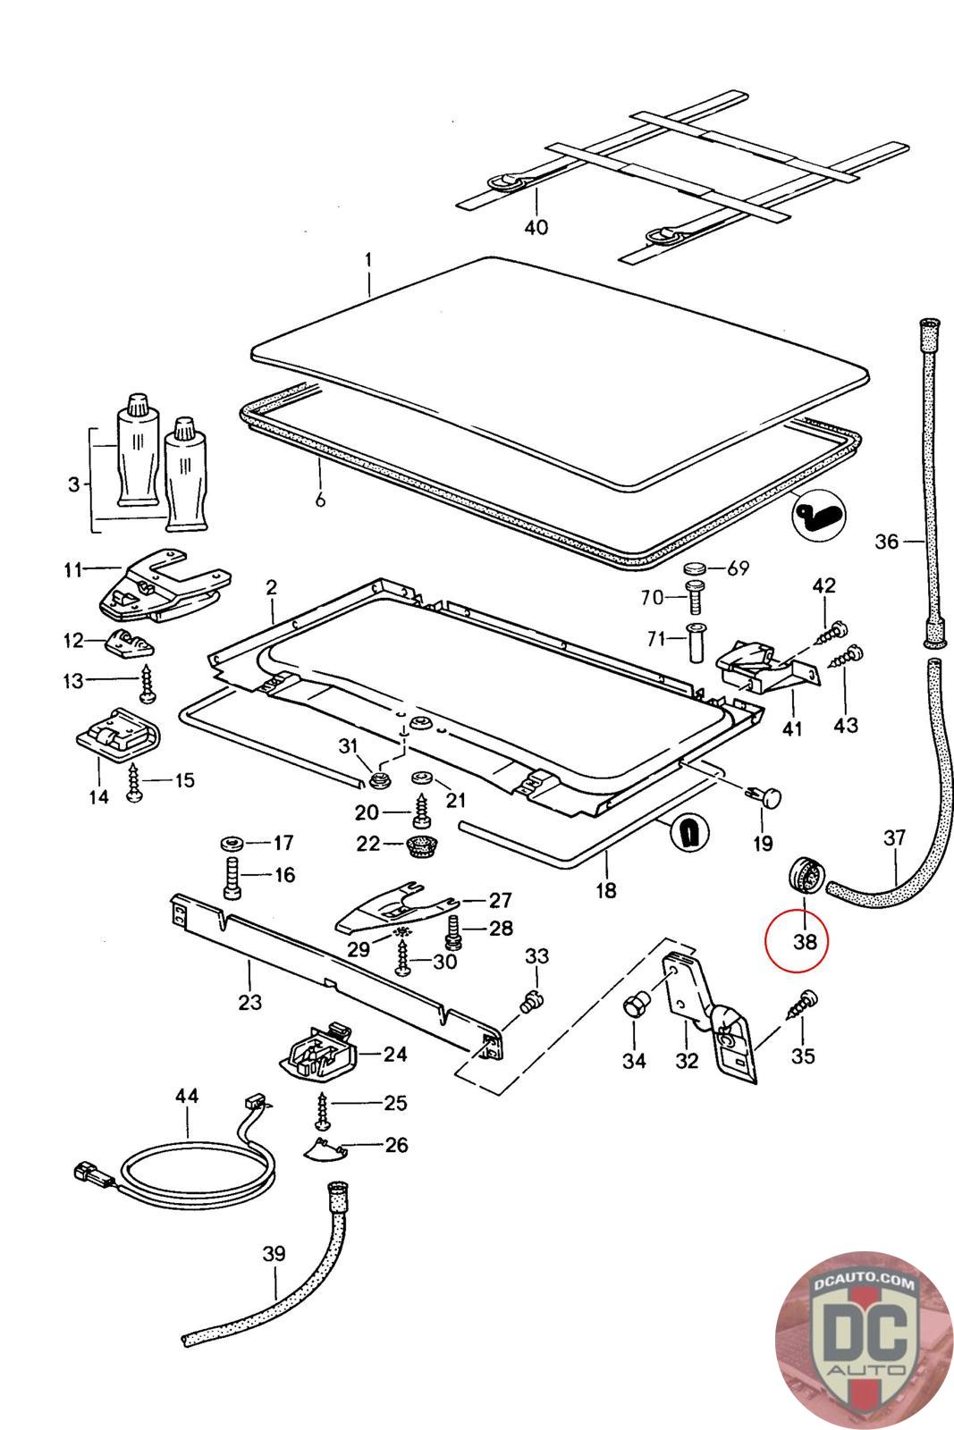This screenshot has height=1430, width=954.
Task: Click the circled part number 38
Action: [x=805, y=942]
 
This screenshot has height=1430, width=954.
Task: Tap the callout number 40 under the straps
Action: [x=536, y=227]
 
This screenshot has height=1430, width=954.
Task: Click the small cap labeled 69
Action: [x=695, y=568]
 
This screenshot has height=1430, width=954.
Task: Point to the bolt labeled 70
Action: [x=695, y=597]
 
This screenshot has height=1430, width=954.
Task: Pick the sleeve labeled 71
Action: [x=695, y=643]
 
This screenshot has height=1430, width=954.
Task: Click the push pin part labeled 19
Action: [x=764, y=795]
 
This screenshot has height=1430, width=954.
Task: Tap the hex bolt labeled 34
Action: [x=633, y=1007]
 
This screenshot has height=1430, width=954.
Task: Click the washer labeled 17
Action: [x=232, y=844]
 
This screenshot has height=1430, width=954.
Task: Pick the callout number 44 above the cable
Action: [x=187, y=1096]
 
